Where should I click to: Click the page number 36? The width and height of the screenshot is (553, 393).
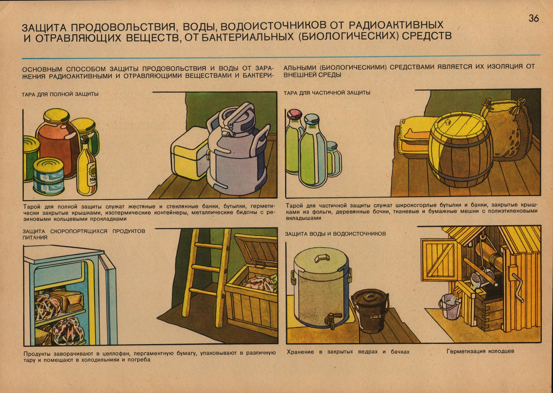534,19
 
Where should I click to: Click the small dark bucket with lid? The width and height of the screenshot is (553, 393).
365,310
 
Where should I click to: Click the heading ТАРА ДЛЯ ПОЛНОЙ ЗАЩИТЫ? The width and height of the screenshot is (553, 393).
60,94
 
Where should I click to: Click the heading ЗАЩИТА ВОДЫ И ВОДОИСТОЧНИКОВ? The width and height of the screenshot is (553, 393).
335,234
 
